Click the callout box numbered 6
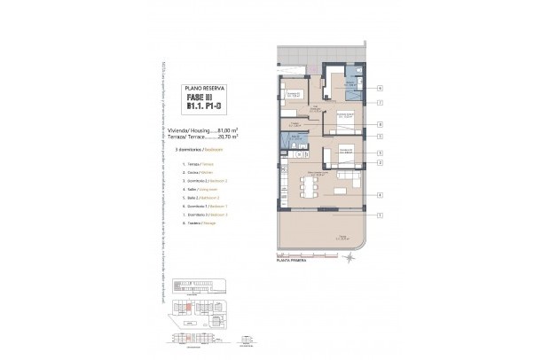(380, 89)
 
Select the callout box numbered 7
(380, 103)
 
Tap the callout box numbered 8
(380, 125)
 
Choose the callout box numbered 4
(380, 195)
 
